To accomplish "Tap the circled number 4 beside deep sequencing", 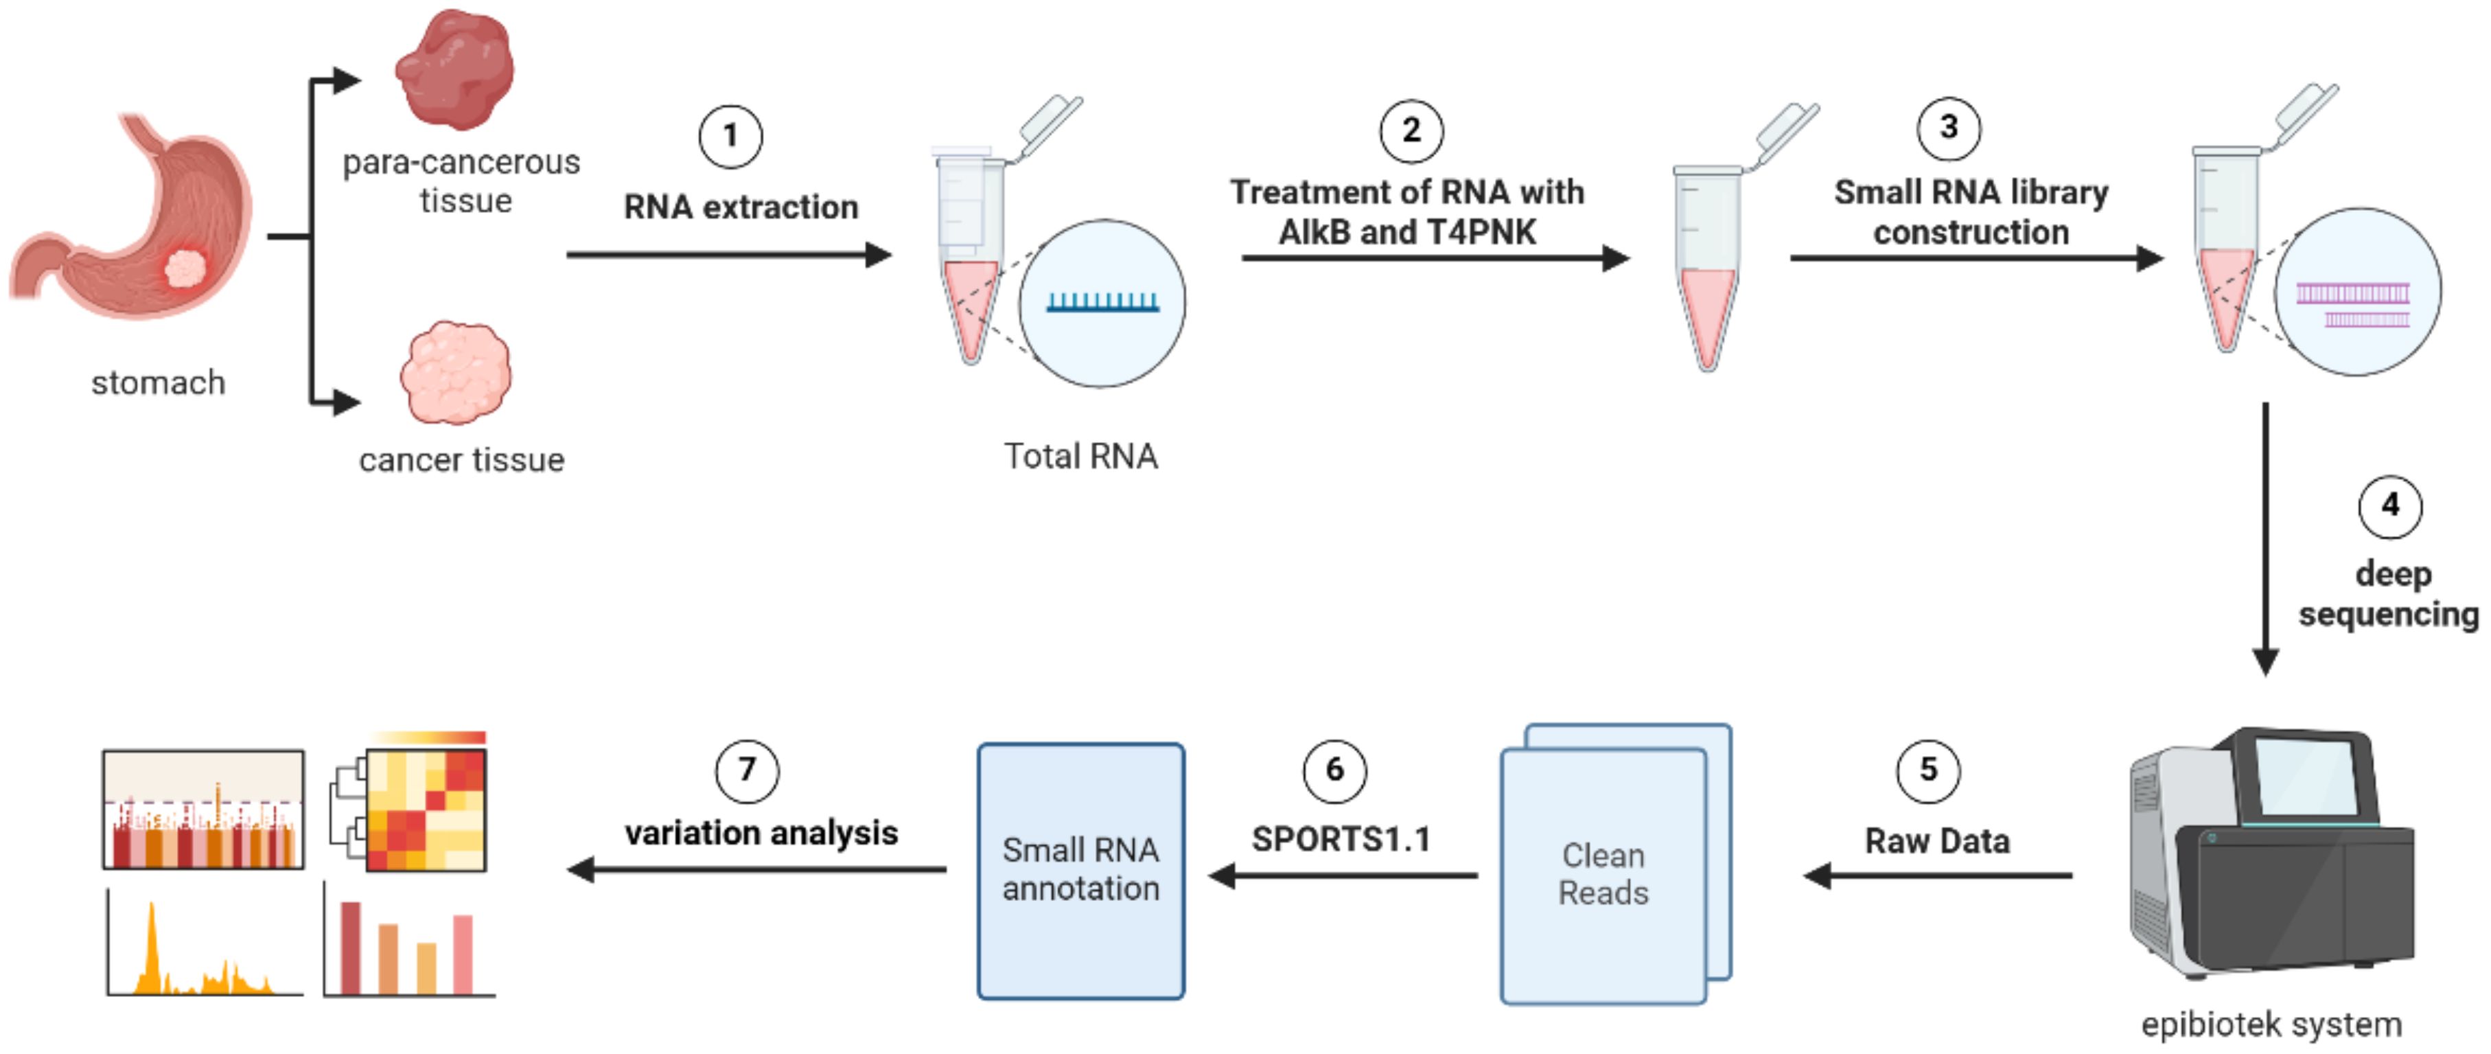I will coord(2389,506).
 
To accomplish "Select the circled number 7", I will coord(747,770).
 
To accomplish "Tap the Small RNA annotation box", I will coord(1080,870).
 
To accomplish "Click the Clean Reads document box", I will coord(1603,874).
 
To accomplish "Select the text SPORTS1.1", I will coord(1341,839).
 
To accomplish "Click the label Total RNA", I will coord(1080,457).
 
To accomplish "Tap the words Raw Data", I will coord(1937,841).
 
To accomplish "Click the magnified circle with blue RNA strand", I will coord(1102,303).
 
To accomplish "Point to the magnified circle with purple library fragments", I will coord(2356,292).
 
